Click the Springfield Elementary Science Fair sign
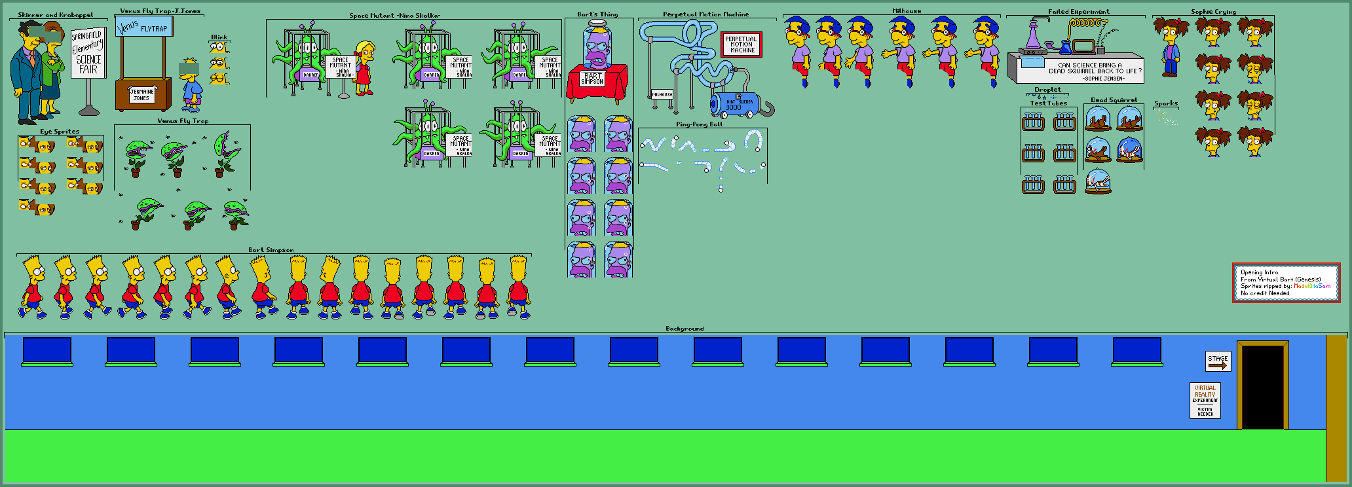(88, 53)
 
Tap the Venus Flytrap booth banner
(143, 27)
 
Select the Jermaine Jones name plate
(141, 95)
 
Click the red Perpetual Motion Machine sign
(741, 45)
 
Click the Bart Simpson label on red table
(592, 79)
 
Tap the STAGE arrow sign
(1218, 361)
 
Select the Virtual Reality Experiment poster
(1205, 400)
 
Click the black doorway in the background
(1262, 387)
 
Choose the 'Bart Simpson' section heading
(271, 249)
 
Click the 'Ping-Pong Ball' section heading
(699, 124)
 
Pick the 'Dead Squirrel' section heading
(1113, 100)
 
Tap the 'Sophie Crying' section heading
(1213, 12)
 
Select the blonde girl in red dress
(364, 68)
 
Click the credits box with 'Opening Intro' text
(1285, 283)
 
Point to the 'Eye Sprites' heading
(60, 131)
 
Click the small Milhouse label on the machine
(662, 94)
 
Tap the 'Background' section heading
(685, 329)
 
